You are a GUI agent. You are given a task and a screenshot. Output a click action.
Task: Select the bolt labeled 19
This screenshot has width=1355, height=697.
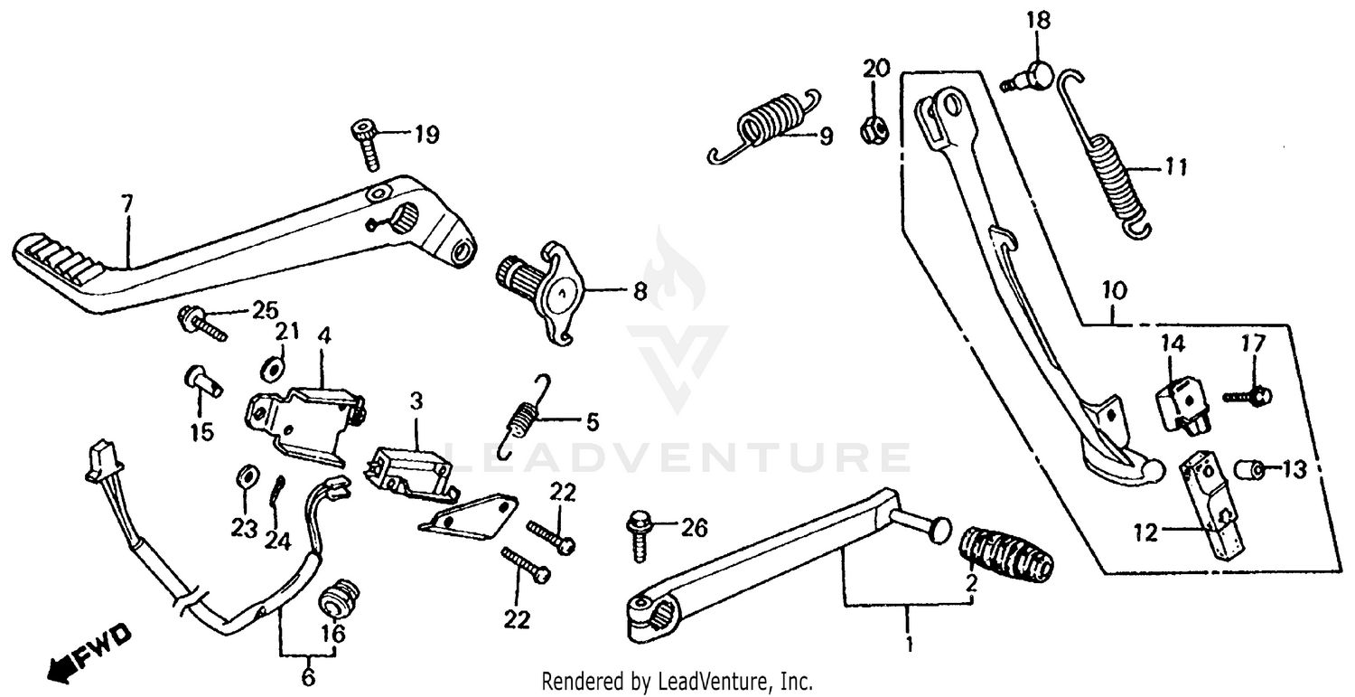pos(366,143)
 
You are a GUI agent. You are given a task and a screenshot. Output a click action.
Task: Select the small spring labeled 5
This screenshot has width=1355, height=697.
pos(522,419)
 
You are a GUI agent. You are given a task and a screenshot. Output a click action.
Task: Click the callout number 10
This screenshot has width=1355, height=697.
pos(1113,292)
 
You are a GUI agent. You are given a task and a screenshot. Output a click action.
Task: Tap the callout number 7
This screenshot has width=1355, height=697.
pos(126,204)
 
